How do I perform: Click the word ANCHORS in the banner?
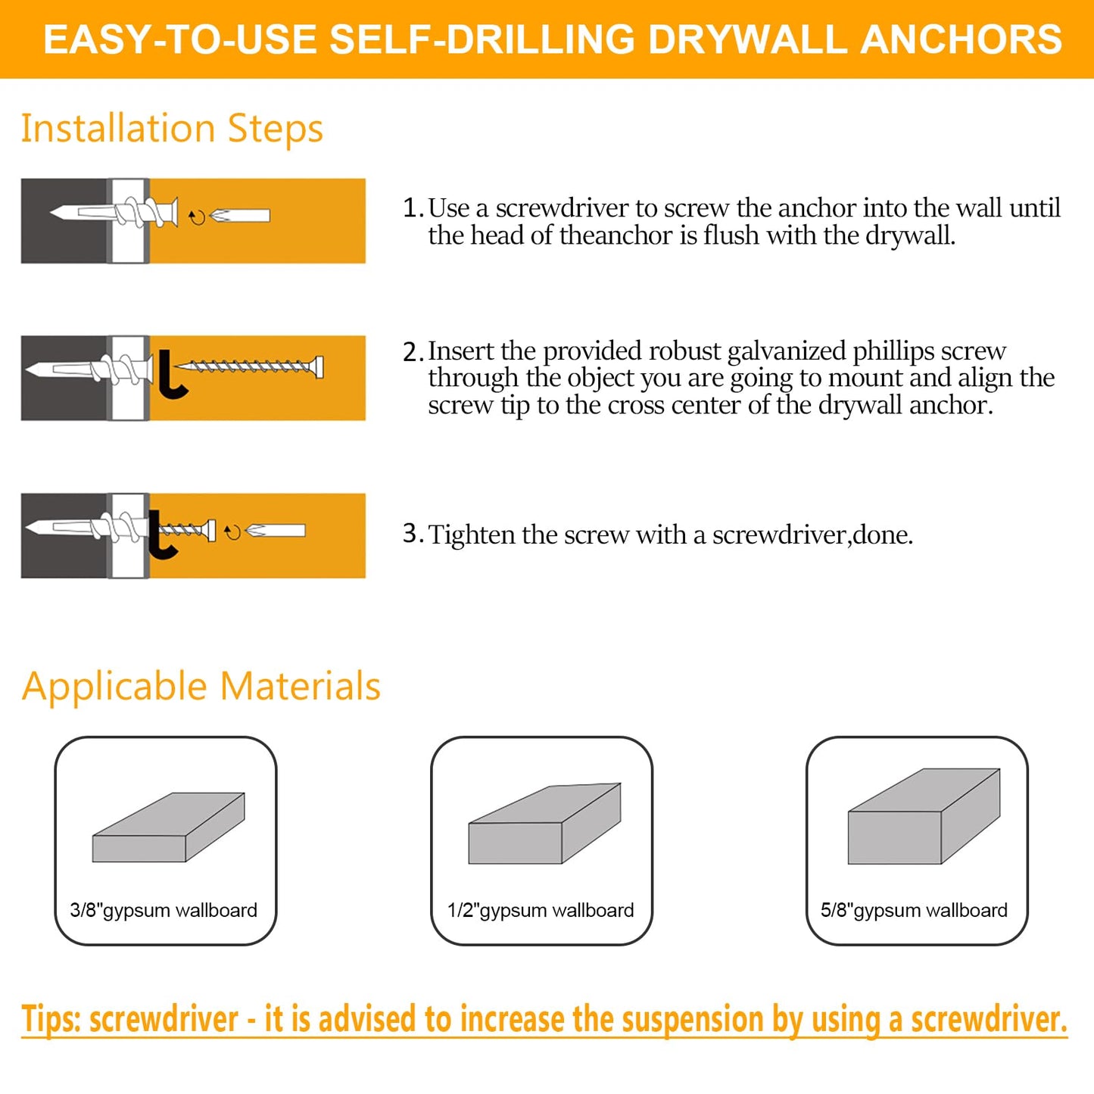961,39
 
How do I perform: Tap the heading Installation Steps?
172,129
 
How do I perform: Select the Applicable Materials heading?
201,687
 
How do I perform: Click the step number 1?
413,207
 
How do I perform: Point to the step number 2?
413,352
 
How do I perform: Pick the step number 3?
413,534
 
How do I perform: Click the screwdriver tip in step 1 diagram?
220,216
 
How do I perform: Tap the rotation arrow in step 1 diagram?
196,217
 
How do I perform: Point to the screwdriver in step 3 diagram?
275,531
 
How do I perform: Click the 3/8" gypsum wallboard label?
164,910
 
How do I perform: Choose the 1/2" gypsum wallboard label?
541,910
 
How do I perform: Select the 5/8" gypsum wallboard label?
914,910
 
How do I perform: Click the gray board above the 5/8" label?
924,816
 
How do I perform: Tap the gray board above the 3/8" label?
169,828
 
